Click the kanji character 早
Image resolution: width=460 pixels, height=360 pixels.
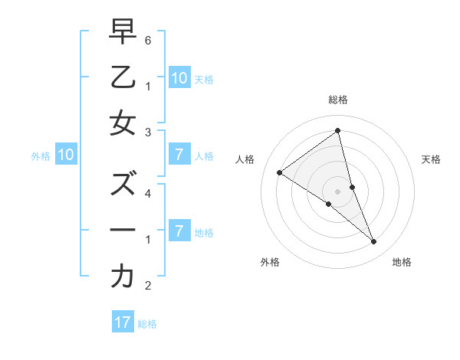[x=123, y=32]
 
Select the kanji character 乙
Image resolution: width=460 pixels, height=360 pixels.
[x=123, y=77]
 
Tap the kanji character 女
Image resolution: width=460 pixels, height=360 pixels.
[x=123, y=123]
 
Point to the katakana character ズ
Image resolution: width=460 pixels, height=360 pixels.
[x=123, y=184]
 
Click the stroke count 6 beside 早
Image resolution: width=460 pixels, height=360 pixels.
[x=148, y=40]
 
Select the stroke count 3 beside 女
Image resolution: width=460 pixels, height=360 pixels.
[x=148, y=132]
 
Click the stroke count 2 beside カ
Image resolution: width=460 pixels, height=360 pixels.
[x=148, y=285]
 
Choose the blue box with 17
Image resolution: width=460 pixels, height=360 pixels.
[x=123, y=322]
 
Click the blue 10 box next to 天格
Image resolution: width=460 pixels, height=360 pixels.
[x=179, y=77]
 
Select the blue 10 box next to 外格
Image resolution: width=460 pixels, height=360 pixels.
[x=66, y=155]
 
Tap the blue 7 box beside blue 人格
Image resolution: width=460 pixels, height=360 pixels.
[x=179, y=155]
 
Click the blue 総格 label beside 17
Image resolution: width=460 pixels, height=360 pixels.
[x=147, y=324]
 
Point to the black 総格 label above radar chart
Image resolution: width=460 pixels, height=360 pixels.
[x=338, y=100]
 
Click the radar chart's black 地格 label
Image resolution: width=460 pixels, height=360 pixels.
[x=402, y=262]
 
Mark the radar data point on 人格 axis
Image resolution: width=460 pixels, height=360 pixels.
[x=280, y=172]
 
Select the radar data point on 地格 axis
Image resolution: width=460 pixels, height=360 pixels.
[x=374, y=242]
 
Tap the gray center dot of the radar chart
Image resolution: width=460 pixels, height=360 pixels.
[x=338, y=191]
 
